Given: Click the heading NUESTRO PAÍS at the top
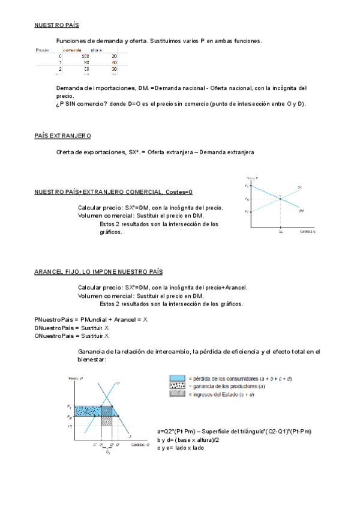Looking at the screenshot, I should coord(56,25).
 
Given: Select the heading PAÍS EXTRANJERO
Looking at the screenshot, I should coord(62,136).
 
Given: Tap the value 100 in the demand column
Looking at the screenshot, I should coord(85,56).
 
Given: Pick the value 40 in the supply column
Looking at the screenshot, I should coord(114,62).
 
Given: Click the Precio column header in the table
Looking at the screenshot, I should coord(42,50).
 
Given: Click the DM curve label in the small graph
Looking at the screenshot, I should coord(301,210).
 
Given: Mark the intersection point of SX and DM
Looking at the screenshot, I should coord(280,199).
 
